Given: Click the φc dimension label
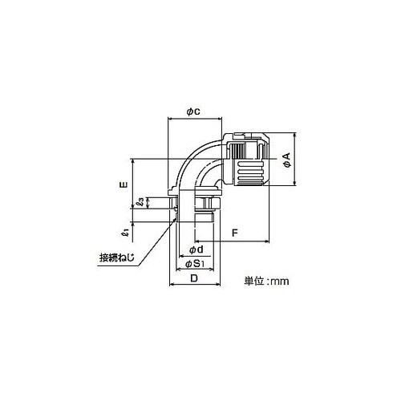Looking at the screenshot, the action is (x=193, y=111).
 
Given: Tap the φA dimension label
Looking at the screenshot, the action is (x=287, y=160).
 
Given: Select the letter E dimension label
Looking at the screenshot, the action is (x=124, y=184).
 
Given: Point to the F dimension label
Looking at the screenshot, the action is (x=234, y=233).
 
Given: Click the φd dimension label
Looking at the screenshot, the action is (x=196, y=249).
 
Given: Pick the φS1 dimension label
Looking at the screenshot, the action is (x=195, y=264).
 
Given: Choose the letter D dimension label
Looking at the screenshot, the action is (x=194, y=278).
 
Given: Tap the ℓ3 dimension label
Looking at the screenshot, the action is (x=140, y=202).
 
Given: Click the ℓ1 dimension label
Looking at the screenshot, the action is (x=125, y=232).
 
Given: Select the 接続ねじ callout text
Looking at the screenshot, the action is (x=116, y=257).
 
